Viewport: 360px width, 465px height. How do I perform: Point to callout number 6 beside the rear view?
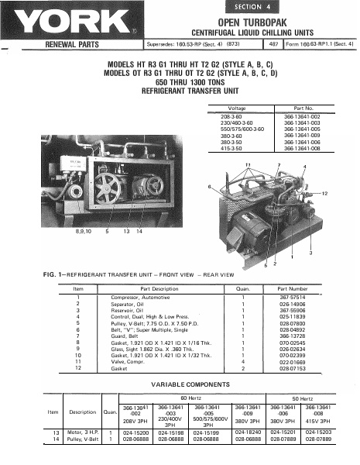pyautogui.click(x=210, y=187)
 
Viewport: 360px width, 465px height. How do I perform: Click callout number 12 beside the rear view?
pyautogui.click(x=324, y=192)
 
